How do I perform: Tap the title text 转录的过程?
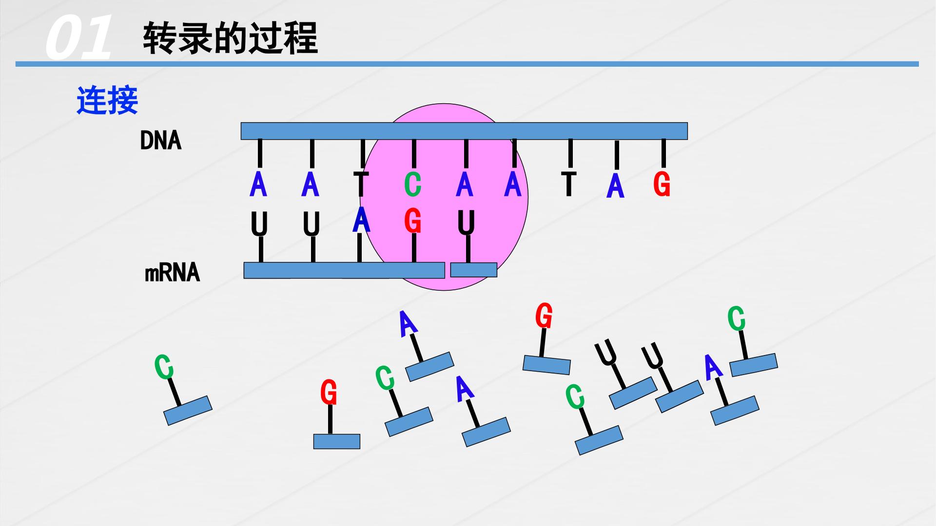click(230, 38)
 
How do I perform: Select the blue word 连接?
click(107, 100)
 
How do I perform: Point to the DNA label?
click(160, 141)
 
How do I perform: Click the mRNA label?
click(173, 272)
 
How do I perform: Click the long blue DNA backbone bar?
click(464, 131)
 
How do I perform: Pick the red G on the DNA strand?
click(662, 185)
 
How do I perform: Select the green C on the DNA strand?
click(412, 185)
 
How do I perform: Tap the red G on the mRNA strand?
click(413, 222)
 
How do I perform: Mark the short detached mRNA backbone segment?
click(473, 270)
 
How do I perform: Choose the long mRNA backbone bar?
click(344, 270)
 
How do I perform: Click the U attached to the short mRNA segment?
click(467, 224)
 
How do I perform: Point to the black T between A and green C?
click(361, 184)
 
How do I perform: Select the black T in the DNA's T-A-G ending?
click(568, 184)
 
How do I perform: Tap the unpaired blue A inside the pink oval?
click(513, 185)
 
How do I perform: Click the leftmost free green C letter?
click(164, 367)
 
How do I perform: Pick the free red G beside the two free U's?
click(544, 316)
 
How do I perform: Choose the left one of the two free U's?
click(605, 353)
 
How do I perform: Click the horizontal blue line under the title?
click(467, 64)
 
